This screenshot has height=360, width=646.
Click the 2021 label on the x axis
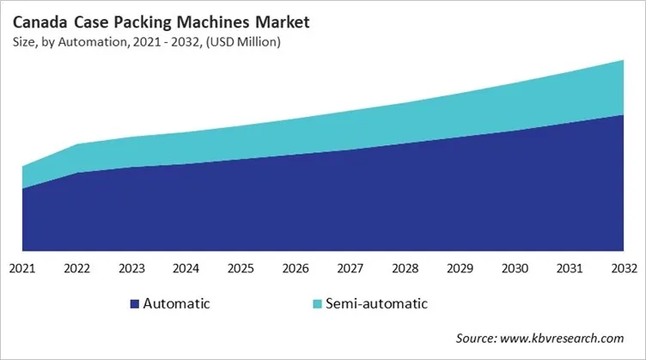pyautogui.click(x=22, y=268)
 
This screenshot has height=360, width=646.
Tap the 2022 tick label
pyautogui.click(x=77, y=268)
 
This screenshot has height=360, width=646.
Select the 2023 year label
pyautogui.click(x=132, y=268)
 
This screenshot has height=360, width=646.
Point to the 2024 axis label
pyautogui.click(x=186, y=268)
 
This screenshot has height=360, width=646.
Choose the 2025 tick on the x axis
pyautogui.click(x=241, y=268)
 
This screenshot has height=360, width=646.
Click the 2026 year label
pyautogui.click(x=296, y=268)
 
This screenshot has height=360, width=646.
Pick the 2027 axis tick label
pyautogui.click(x=350, y=268)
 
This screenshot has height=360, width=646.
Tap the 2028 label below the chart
pyautogui.click(x=405, y=268)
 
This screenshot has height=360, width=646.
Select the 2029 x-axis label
pyautogui.click(x=460, y=268)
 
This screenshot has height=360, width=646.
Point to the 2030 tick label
pyautogui.click(x=514, y=268)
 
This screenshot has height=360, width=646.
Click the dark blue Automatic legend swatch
pyautogui.click(x=134, y=303)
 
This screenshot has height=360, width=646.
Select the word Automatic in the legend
pyautogui.click(x=176, y=303)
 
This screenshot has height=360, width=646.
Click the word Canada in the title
pyautogui.click(x=39, y=18)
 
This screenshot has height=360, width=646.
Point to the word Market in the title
pyautogui.click(x=263, y=18)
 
